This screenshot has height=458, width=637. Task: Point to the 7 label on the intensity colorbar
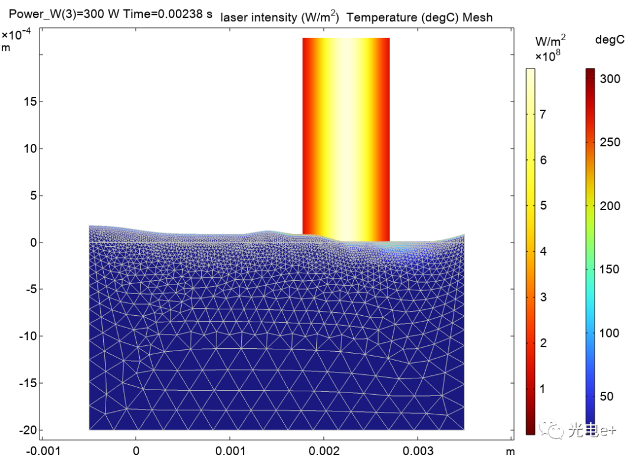(544, 114)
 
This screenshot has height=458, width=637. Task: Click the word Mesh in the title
(477, 17)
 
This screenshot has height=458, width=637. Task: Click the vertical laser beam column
(346, 136)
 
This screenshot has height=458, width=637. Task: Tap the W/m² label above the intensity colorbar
(550, 41)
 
